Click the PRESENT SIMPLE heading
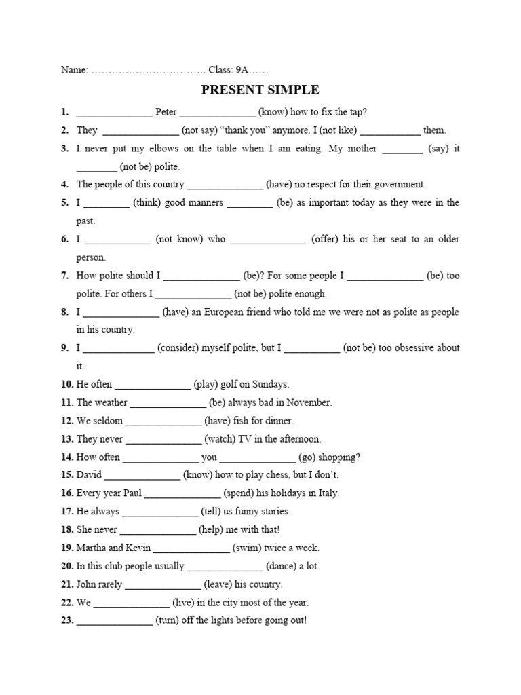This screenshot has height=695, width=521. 260,90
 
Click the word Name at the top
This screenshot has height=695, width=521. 73,70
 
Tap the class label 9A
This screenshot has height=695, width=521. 240,70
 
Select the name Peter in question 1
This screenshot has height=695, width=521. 166,112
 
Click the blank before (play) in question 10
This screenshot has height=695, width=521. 153,384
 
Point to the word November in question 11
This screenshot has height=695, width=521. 310,402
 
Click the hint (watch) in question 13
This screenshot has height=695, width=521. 220,439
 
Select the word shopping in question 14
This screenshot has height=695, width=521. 338,457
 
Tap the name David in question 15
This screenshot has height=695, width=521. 88,475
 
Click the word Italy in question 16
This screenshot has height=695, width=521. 327,493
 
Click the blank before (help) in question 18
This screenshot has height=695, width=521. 157,529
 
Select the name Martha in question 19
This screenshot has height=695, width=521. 91,548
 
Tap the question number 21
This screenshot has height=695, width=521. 67,584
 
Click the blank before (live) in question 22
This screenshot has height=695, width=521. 131,603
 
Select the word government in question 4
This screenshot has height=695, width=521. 395,184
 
